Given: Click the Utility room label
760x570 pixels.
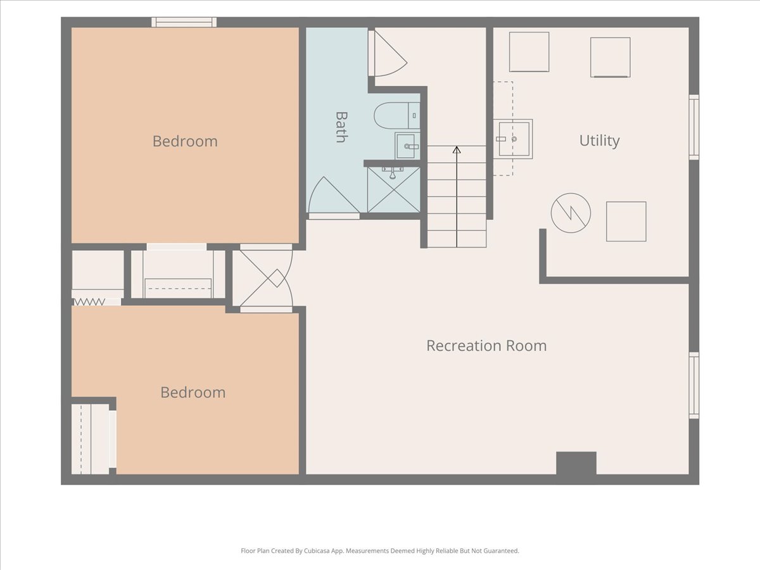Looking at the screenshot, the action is pyautogui.click(x=599, y=141).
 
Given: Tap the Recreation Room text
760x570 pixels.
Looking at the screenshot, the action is pyautogui.click(x=486, y=345).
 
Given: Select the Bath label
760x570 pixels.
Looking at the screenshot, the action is pyautogui.click(x=342, y=127).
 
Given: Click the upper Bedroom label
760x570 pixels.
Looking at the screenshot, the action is pyautogui.click(x=185, y=141).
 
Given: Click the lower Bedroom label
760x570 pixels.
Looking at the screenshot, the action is pyautogui.click(x=193, y=393).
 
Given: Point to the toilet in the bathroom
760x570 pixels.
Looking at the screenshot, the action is pyautogui.click(x=397, y=116).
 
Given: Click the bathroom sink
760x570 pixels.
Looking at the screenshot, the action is pyautogui.click(x=407, y=146).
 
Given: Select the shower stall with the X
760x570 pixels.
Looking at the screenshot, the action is pyautogui.click(x=394, y=189).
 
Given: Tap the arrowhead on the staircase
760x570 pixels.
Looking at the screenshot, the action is pyautogui.click(x=457, y=149).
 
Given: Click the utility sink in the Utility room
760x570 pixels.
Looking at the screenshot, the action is pyautogui.click(x=513, y=139).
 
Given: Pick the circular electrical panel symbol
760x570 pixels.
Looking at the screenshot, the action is pyautogui.click(x=571, y=213).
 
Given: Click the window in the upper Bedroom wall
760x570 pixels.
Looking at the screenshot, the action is pyautogui.click(x=184, y=22).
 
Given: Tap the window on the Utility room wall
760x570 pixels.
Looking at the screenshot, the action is pyautogui.click(x=694, y=127).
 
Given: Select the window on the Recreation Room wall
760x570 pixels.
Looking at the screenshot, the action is pyautogui.click(x=694, y=385).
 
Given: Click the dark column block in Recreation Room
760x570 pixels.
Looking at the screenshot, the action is pyautogui.click(x=576, y=463).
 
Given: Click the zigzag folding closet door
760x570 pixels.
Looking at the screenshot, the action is pyautogui.click(x=89, y=302).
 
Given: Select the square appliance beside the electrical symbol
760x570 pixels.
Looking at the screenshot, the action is pyautogui.click(x=626, y=222).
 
